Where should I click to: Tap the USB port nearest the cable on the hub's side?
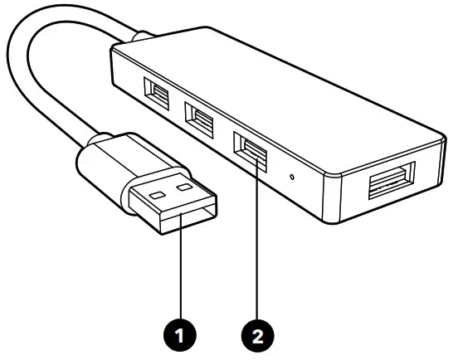pyautogui.click(x=157, y=92)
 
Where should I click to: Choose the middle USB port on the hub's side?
pyautogui.click(x=199, y=115)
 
